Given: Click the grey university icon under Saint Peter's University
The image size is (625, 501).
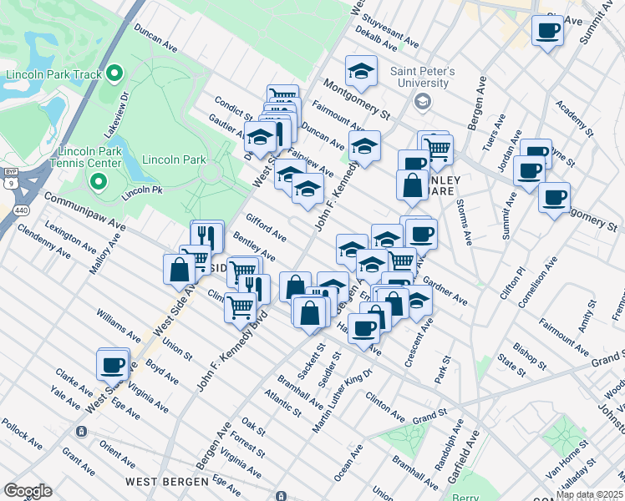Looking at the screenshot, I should pos(422,102).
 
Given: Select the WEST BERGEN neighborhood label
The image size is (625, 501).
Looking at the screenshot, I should pos(167,482).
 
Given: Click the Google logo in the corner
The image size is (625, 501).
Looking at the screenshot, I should pos(28,491).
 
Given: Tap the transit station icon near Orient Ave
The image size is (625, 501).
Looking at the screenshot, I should pos(81,432).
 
